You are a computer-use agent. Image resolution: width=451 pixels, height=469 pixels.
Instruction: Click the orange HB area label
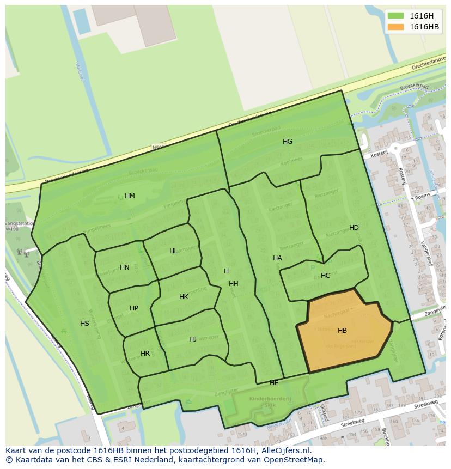(x=342, y=331)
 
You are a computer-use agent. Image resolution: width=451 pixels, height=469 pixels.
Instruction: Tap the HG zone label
(x=288, y=142)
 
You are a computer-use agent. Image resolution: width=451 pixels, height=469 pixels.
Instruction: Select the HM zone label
(x=130, y=196)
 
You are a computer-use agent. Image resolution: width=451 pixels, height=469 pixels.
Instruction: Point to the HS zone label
(x=84, y=324)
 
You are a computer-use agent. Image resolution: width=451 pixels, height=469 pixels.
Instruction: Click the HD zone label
(x=354, y=228)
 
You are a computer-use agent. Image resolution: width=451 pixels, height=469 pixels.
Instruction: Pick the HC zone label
(x=325, y=276)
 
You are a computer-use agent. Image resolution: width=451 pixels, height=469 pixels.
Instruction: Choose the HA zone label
(x=277, y=258)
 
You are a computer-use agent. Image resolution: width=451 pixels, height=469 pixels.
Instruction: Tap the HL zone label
(x=173, y=251)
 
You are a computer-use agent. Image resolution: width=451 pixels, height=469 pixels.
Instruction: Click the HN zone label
(x=125, y=267)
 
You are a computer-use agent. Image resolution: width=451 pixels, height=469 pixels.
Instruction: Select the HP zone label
(x=134, y=308)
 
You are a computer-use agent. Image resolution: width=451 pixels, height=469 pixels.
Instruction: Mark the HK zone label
(x=184, y=297)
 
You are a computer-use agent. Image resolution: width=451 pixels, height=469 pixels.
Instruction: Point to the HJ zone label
(x=193, y=339)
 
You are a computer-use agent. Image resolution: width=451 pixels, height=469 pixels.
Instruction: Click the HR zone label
(x=145, y=354)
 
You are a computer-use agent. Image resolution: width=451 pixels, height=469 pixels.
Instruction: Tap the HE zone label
(x=274, y=383)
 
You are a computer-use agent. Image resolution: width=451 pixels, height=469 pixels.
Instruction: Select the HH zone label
(x=234, y=284)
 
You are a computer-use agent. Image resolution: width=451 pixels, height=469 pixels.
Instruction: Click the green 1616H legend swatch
(x=395, y=15)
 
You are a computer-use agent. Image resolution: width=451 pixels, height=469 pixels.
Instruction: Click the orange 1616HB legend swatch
(x=395, y=27)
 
